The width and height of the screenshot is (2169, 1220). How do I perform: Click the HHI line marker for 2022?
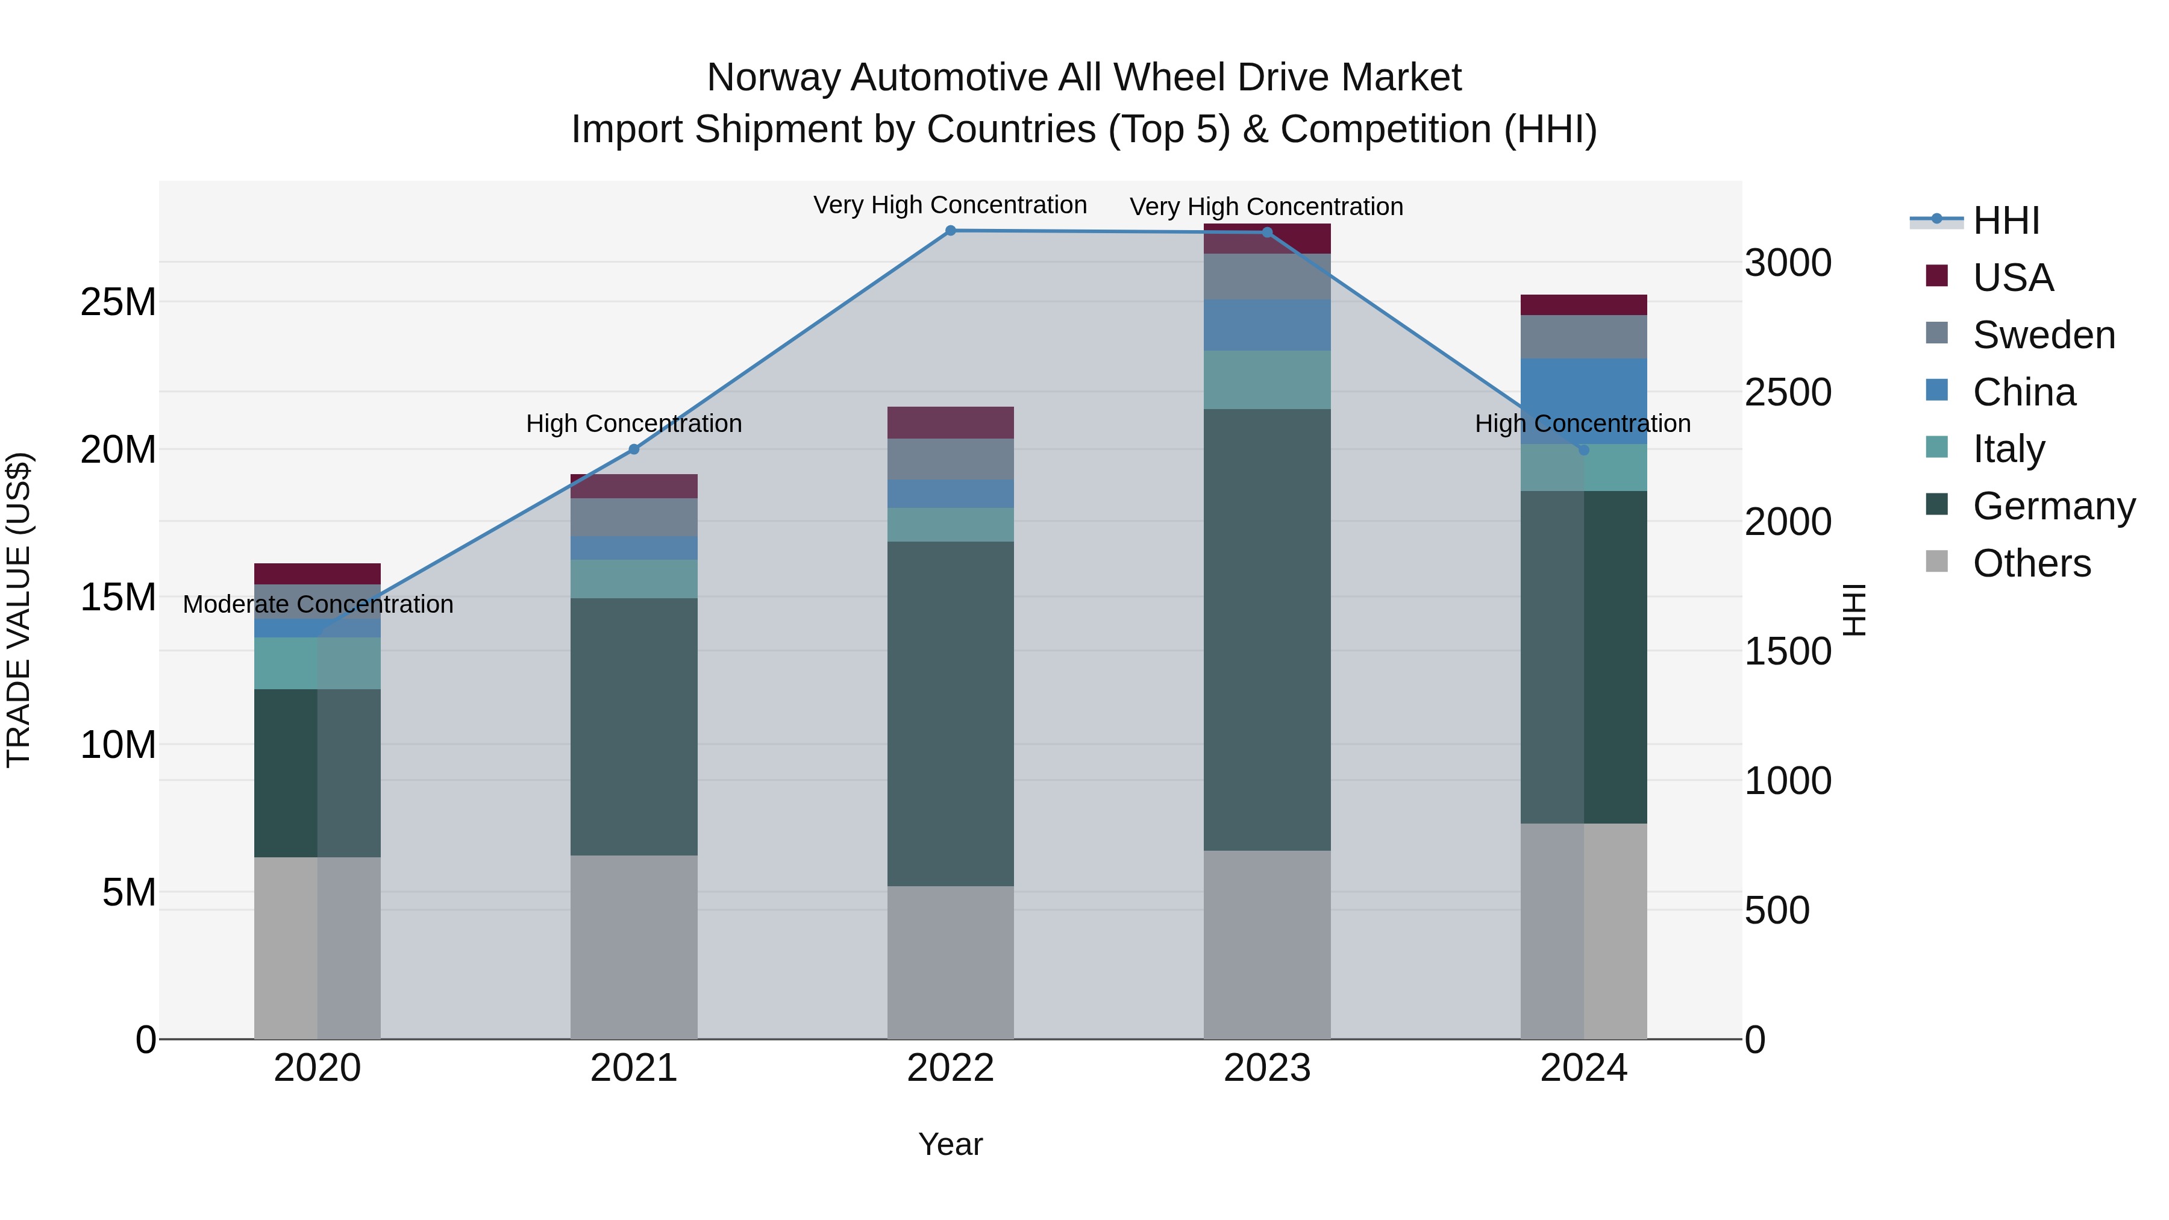[951, 231]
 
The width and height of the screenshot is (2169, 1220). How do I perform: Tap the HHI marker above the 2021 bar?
[634, 449]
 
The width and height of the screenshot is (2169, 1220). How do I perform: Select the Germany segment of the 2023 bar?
[1266, 630]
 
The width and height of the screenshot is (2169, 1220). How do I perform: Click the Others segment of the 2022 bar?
[951, 962]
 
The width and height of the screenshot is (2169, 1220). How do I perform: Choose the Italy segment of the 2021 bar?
[634, 579]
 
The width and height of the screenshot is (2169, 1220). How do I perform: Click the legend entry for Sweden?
[2044, 335]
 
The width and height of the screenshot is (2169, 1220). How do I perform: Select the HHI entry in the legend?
[2006, 221]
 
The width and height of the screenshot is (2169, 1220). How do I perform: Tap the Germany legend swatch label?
[2054, 506]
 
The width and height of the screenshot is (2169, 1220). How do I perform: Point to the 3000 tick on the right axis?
[1788, 263]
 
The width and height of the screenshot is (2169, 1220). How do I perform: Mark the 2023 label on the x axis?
[1266, 1068]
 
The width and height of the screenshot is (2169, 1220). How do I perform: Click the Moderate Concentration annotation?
[318, 604]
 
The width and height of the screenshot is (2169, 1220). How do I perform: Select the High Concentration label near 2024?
[1582, 424]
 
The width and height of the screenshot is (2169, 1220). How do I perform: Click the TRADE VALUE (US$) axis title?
[19, 610]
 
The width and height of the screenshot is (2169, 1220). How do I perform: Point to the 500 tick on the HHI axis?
[1777, 910]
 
